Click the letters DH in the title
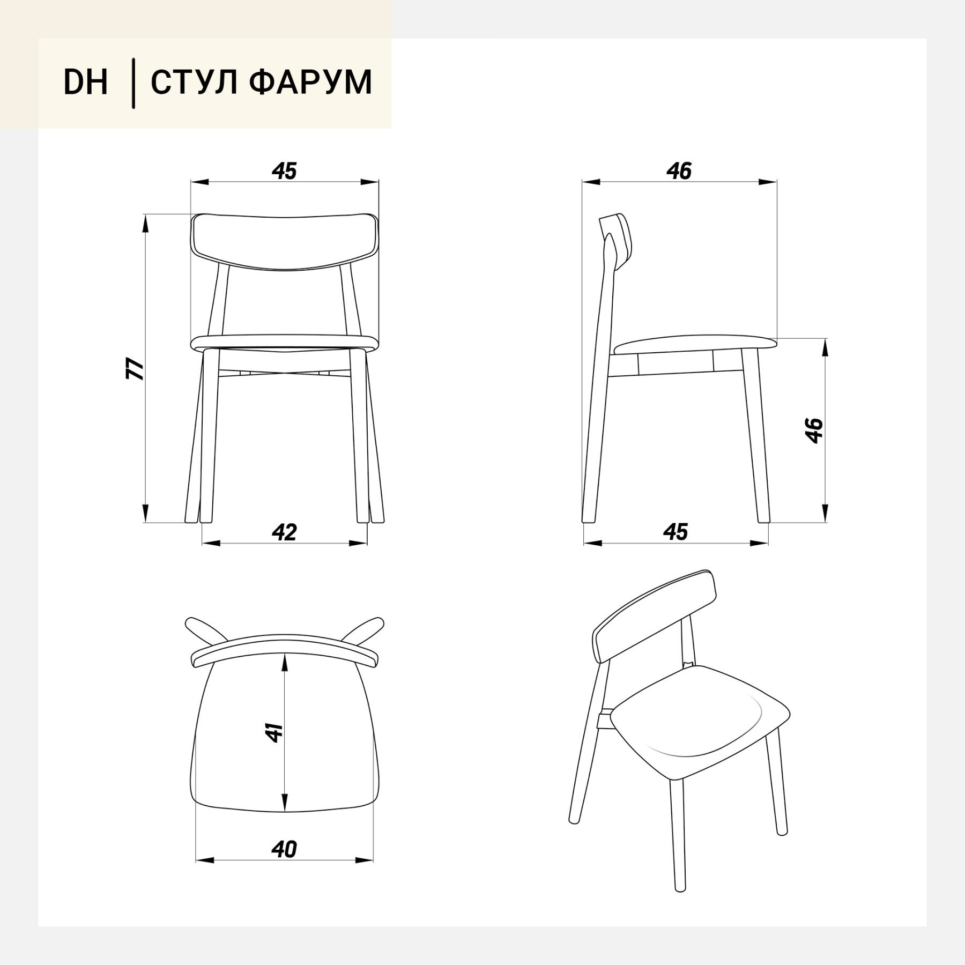(86, 83)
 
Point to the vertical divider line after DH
(133, 84)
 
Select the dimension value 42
(284, 532)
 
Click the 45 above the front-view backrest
(284, 171)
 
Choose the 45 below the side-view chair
(675, 532)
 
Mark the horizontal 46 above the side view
(679, 171)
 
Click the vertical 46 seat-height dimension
(814, 430)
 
